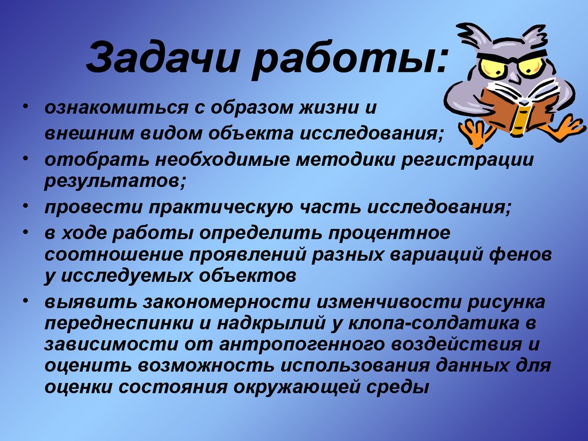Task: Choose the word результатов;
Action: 115,181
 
